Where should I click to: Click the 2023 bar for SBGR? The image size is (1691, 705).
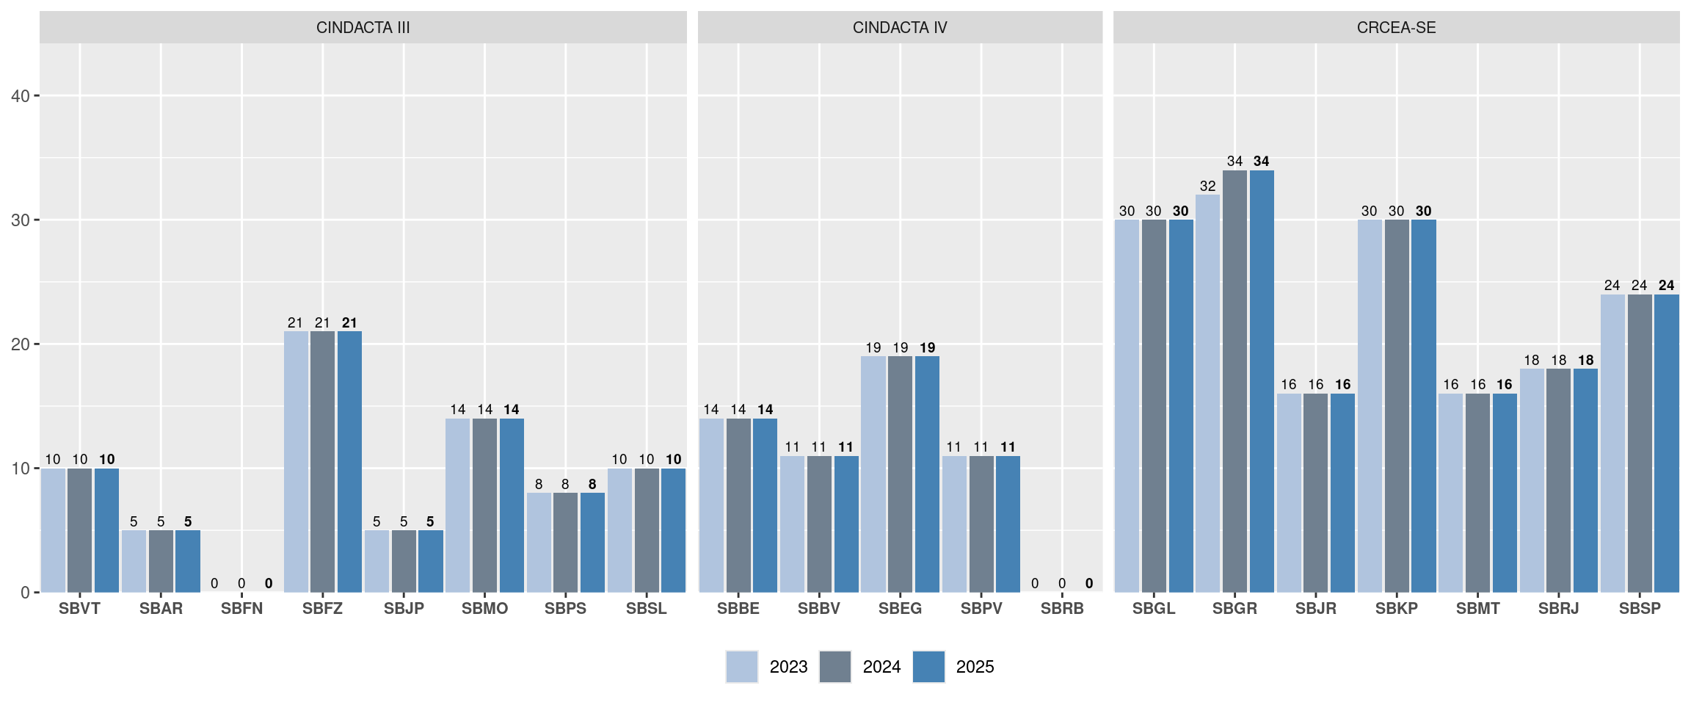point(1207,394)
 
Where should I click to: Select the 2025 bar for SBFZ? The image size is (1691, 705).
point(349,462)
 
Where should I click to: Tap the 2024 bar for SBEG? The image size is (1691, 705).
point(900,474)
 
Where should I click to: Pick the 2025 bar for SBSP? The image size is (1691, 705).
point(1667,444)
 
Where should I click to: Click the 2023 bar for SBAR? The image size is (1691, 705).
point(134,561)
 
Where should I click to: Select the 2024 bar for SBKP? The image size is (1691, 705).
point(1397,406)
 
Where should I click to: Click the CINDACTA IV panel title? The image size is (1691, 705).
point(900,28)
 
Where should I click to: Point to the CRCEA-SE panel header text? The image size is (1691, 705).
point(1396,28)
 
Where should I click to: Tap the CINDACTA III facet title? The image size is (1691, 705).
point(363,28)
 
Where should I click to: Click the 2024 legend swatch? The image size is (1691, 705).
point(835,667)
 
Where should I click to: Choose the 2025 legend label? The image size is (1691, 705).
point(975,667)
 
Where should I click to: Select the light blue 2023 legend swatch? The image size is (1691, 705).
point(742,667)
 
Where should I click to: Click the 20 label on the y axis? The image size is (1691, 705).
point(21,344)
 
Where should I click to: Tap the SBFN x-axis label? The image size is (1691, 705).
point(241,609)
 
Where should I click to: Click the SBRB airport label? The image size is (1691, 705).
point(1062,609)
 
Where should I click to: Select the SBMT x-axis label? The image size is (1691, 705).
point(1477,609)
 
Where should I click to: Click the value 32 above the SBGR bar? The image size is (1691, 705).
point(1207,186)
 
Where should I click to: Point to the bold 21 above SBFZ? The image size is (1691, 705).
point(349,322)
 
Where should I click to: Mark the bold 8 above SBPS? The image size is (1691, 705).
point(592,484)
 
